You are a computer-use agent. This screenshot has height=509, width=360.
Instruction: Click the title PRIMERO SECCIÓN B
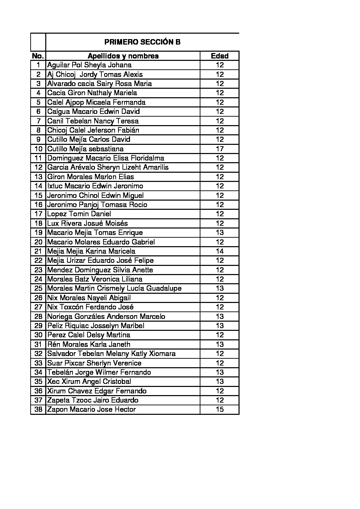[142, 42]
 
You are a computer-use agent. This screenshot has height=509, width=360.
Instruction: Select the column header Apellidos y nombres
[123, 56]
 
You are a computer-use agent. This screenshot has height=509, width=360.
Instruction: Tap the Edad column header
[219, 56]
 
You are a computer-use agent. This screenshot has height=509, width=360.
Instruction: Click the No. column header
[38, 56]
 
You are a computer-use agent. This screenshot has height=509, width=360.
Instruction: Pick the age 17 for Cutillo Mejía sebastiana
[219, 149]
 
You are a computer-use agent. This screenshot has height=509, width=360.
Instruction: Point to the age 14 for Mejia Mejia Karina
[219, 251]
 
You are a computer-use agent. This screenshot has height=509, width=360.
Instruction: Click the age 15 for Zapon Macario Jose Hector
[219, 409]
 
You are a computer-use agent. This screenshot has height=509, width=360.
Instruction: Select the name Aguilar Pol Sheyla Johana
[89, 65]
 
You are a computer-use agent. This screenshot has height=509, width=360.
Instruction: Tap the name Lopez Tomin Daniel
[79, 214]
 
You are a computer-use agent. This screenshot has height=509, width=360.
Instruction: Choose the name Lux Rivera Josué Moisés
[88, 223]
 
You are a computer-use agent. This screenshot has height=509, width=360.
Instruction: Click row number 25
[38, 288]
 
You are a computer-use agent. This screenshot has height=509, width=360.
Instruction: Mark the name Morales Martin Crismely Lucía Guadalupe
[114, 288]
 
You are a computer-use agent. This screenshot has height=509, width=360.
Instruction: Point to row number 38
[38, 409]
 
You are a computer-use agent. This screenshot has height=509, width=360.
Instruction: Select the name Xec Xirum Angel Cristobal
[89, 381]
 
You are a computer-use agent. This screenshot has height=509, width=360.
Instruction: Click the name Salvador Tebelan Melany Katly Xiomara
[112, 354]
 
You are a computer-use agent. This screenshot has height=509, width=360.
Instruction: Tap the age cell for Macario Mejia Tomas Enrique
[219, 233]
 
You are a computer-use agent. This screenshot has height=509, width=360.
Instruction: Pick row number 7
[38, 121]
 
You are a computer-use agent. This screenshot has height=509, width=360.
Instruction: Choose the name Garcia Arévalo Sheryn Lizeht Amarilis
[108, 167]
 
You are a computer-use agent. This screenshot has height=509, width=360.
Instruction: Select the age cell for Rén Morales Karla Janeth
[219, 344]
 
